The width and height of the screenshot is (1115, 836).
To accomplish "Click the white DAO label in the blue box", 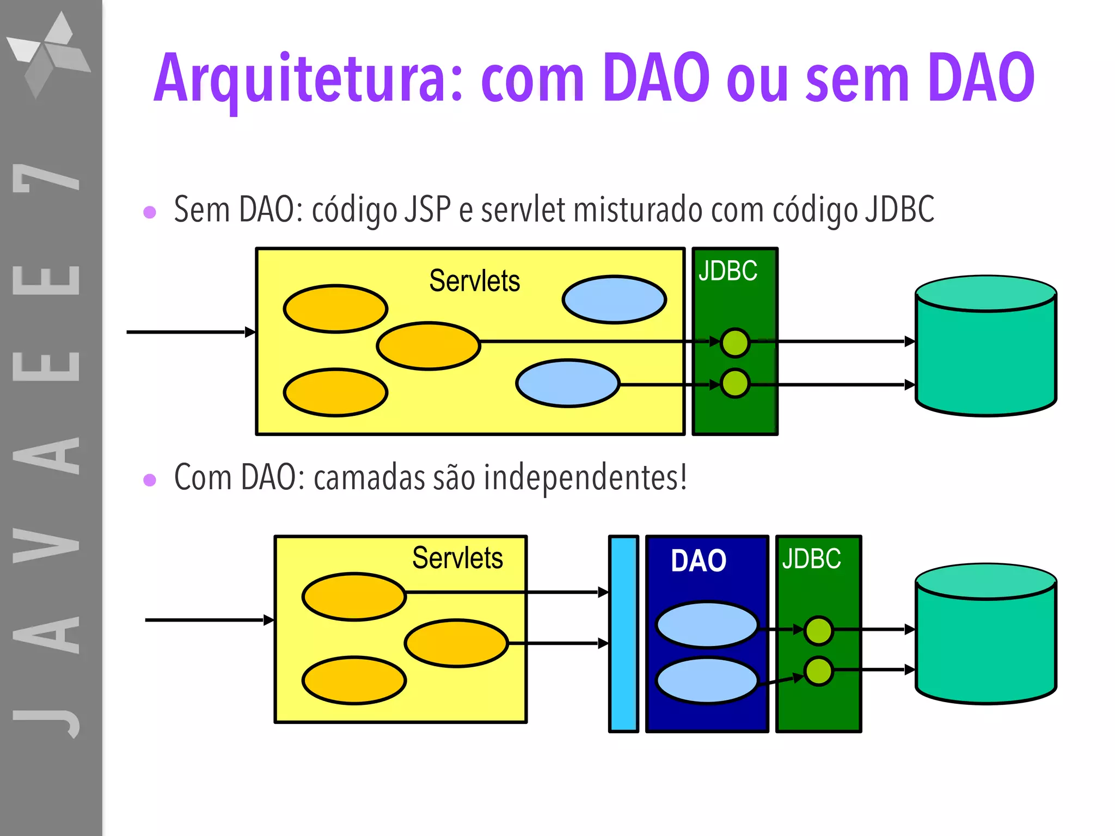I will pyautogui.click(x=699, y=561).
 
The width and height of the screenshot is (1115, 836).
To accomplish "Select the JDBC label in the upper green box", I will pyautogui.click(x=728, y=271).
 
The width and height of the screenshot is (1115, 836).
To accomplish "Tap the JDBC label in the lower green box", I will pyautogui.click(x=811, y=559).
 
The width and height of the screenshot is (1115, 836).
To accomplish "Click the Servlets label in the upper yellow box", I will pyautogui.click(x=474, y=281).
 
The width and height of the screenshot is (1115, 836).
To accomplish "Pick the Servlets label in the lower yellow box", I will pyautogui.click(x=457, y=558).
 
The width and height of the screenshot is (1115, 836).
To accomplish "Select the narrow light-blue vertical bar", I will pyautogui.click(x=623, y=634).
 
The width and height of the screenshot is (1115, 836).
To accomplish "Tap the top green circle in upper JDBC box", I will pyautogui.click(x=735, y=343).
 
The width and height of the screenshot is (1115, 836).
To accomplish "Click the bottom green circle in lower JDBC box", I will pyautogui.click(x=818, y=671).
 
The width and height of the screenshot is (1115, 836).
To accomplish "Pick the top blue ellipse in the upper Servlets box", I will pyautogui.click(x=614, y=299).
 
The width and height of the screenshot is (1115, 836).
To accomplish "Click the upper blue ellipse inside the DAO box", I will pyautogui.click(x=707, y=624).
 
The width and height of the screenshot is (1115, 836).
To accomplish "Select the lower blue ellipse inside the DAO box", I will pyautogui.click(x=707, y=680).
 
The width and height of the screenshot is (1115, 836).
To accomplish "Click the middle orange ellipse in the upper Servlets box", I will pyautogui.click(x=428, y=346).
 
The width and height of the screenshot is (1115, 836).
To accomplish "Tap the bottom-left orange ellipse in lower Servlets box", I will pyautogui.click(x=354, y=680).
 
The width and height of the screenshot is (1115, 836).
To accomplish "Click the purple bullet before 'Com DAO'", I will pyautogui.click(x=150, y=480).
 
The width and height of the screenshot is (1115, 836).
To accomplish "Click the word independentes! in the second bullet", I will pyautogui.click(x=585, y=477).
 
